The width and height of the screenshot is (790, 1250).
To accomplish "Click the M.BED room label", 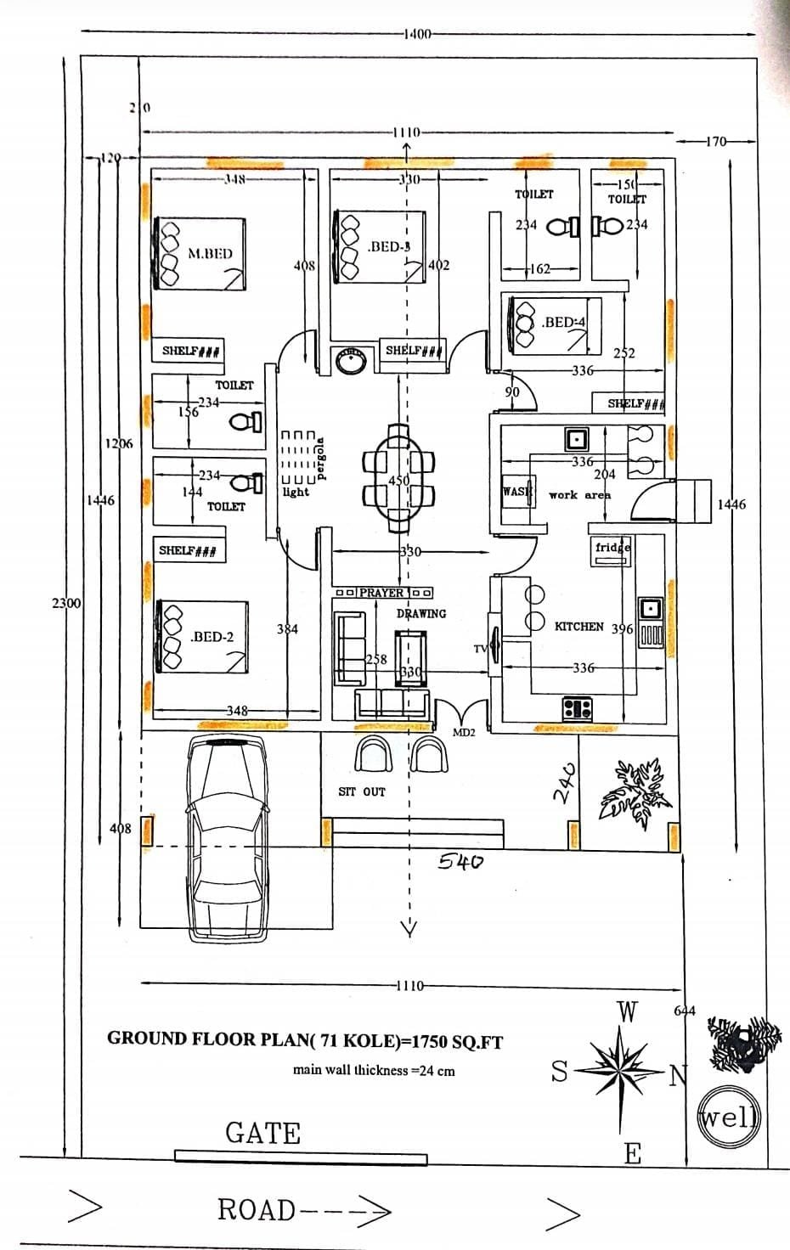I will pyautogui.click(x=210, y=253).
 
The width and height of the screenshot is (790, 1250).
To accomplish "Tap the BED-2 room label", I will pyautogui.click(x=212, y=636).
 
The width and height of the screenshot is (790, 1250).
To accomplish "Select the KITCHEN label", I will pyautogui.click(x=578, y=627).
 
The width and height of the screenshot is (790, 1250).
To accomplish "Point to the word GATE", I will pyautogui.click(x=262, y=1133).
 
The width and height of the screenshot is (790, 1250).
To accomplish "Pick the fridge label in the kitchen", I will pyautogui.click(x=612, y=548).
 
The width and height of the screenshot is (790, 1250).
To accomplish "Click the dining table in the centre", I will pyautogui.click(x=399, y=480).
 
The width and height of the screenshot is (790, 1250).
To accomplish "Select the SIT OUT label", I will pyautogui.click(x=362, y=791).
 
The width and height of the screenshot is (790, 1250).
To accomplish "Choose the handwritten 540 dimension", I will pyautogui.click(x=461, y=862).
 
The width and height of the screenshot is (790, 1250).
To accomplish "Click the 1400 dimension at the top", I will pyautogui.click(x=419, y=34).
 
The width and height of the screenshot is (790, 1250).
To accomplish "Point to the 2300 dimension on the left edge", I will pyautogui.click(x=66, y=604).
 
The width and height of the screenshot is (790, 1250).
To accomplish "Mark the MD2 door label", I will pyautogui.click(x=463, y=732).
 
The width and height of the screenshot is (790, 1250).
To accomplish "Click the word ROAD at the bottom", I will pyautogui.click(x=257, y=1209).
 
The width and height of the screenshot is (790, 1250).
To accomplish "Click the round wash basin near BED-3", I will pyautogui.click(x=349, y=359).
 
